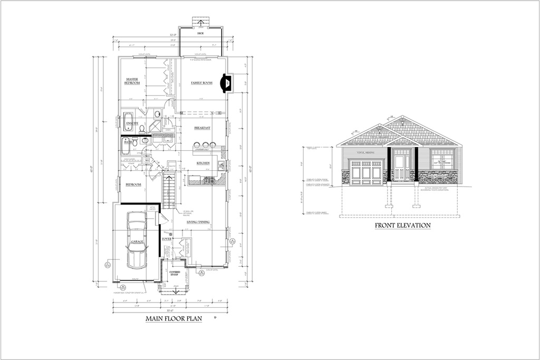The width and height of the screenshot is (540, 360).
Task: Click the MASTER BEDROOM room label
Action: click(x=132, y=81)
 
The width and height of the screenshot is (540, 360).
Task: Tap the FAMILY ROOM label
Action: click(x=201, y=83)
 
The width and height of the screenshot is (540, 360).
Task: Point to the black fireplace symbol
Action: click(x=227, y=83)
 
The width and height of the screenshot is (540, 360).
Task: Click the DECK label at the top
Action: click(x=200, y=33)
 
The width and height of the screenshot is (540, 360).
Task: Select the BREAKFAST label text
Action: click(x=202, y=128)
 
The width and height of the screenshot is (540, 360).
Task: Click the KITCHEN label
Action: click(x=204, y=163)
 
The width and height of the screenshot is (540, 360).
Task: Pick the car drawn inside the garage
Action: click(x=137, y=240)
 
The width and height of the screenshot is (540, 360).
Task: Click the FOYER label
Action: click(x=167, y=238)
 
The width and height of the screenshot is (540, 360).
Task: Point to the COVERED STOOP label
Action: click(x=175, y=274)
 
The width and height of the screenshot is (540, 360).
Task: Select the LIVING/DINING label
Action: click(x=198, y=222)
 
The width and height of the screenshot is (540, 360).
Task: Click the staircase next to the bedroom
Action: click(x=168, y=193)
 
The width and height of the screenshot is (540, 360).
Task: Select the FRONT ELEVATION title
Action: click(x=402, y=226)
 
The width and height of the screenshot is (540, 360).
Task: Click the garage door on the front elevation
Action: click(x=366, y=173)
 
